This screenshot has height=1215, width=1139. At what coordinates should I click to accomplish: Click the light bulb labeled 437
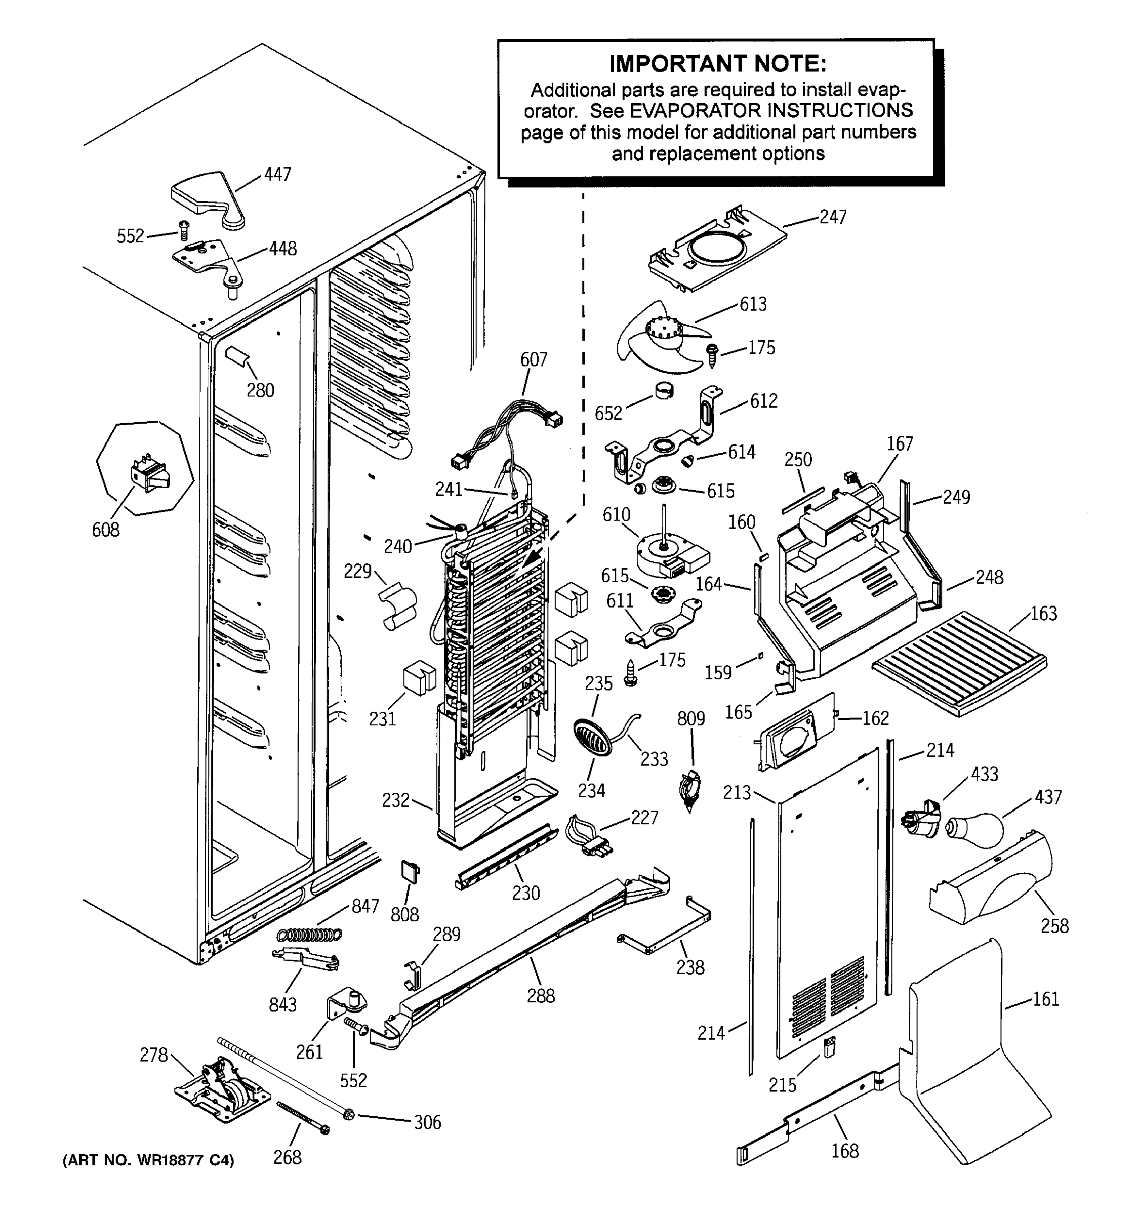click(975, 829)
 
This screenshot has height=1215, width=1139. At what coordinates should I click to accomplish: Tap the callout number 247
click(832, 217)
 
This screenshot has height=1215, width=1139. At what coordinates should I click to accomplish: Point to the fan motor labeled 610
click(669, 552)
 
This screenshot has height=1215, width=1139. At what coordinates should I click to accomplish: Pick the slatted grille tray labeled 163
click(960, 663)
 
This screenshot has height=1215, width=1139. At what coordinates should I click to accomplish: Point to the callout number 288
click(541, 996)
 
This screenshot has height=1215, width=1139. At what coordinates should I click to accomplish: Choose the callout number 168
click(844, 1151)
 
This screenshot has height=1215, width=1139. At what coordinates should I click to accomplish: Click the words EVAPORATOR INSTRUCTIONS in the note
click(771, 111)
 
